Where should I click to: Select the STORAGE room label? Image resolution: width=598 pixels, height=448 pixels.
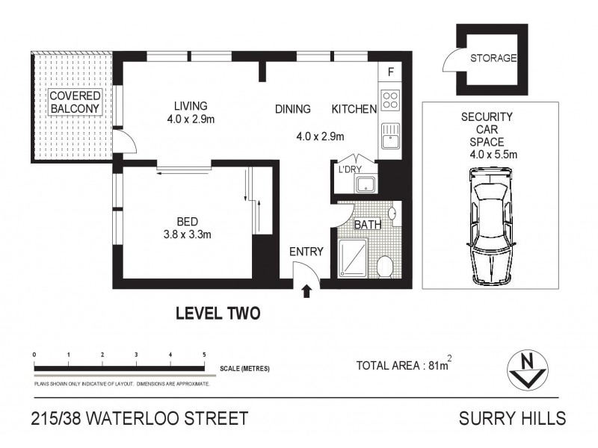tap(493, 58)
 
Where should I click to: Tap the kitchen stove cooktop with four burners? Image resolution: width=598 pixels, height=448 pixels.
tap(389, 100)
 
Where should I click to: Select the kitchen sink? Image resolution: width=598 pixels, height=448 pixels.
tap(389, 137)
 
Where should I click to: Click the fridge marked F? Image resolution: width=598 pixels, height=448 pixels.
tap(390, 72)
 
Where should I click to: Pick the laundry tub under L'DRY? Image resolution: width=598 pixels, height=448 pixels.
tap(366, 184)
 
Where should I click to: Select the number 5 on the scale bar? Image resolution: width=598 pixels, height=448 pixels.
tap(204, 355)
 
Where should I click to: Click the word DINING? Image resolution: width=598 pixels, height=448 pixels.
tap(292, 110)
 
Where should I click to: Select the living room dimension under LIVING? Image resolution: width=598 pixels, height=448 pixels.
tap(191, 119)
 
